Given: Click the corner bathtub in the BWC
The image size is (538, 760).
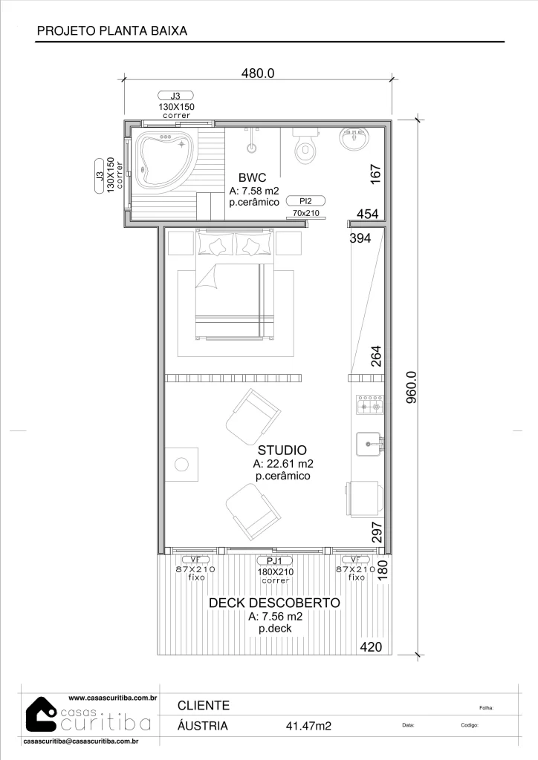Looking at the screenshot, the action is (x=164, y=161).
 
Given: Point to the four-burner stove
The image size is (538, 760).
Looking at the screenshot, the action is (x=369, y=404).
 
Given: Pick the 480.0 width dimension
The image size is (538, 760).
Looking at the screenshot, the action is (x=258, y=73).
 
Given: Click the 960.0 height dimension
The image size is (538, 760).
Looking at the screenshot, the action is (x=411, y=387).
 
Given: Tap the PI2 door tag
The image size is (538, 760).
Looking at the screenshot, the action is (x=305, y=200).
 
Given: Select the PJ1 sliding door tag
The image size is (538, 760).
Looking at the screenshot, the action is (x=275, y=561).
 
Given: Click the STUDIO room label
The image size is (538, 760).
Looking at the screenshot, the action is (x=282, y=450).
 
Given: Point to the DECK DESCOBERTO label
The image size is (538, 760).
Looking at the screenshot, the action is (x=275, y=603).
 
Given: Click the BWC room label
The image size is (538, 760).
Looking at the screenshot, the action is (x=252, y=177).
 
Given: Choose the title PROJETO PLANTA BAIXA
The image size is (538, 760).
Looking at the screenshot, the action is (x=112, y=30).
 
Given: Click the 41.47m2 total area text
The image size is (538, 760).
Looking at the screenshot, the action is (x=308, y=726).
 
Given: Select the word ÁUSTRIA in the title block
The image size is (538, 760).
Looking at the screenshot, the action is (x=203, y=726).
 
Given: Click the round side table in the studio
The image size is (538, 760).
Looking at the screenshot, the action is (x=181, y=465).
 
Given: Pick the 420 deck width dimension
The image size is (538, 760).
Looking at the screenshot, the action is (x=371, y=646).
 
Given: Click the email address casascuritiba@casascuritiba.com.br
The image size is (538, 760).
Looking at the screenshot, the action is (x=81, y=741).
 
